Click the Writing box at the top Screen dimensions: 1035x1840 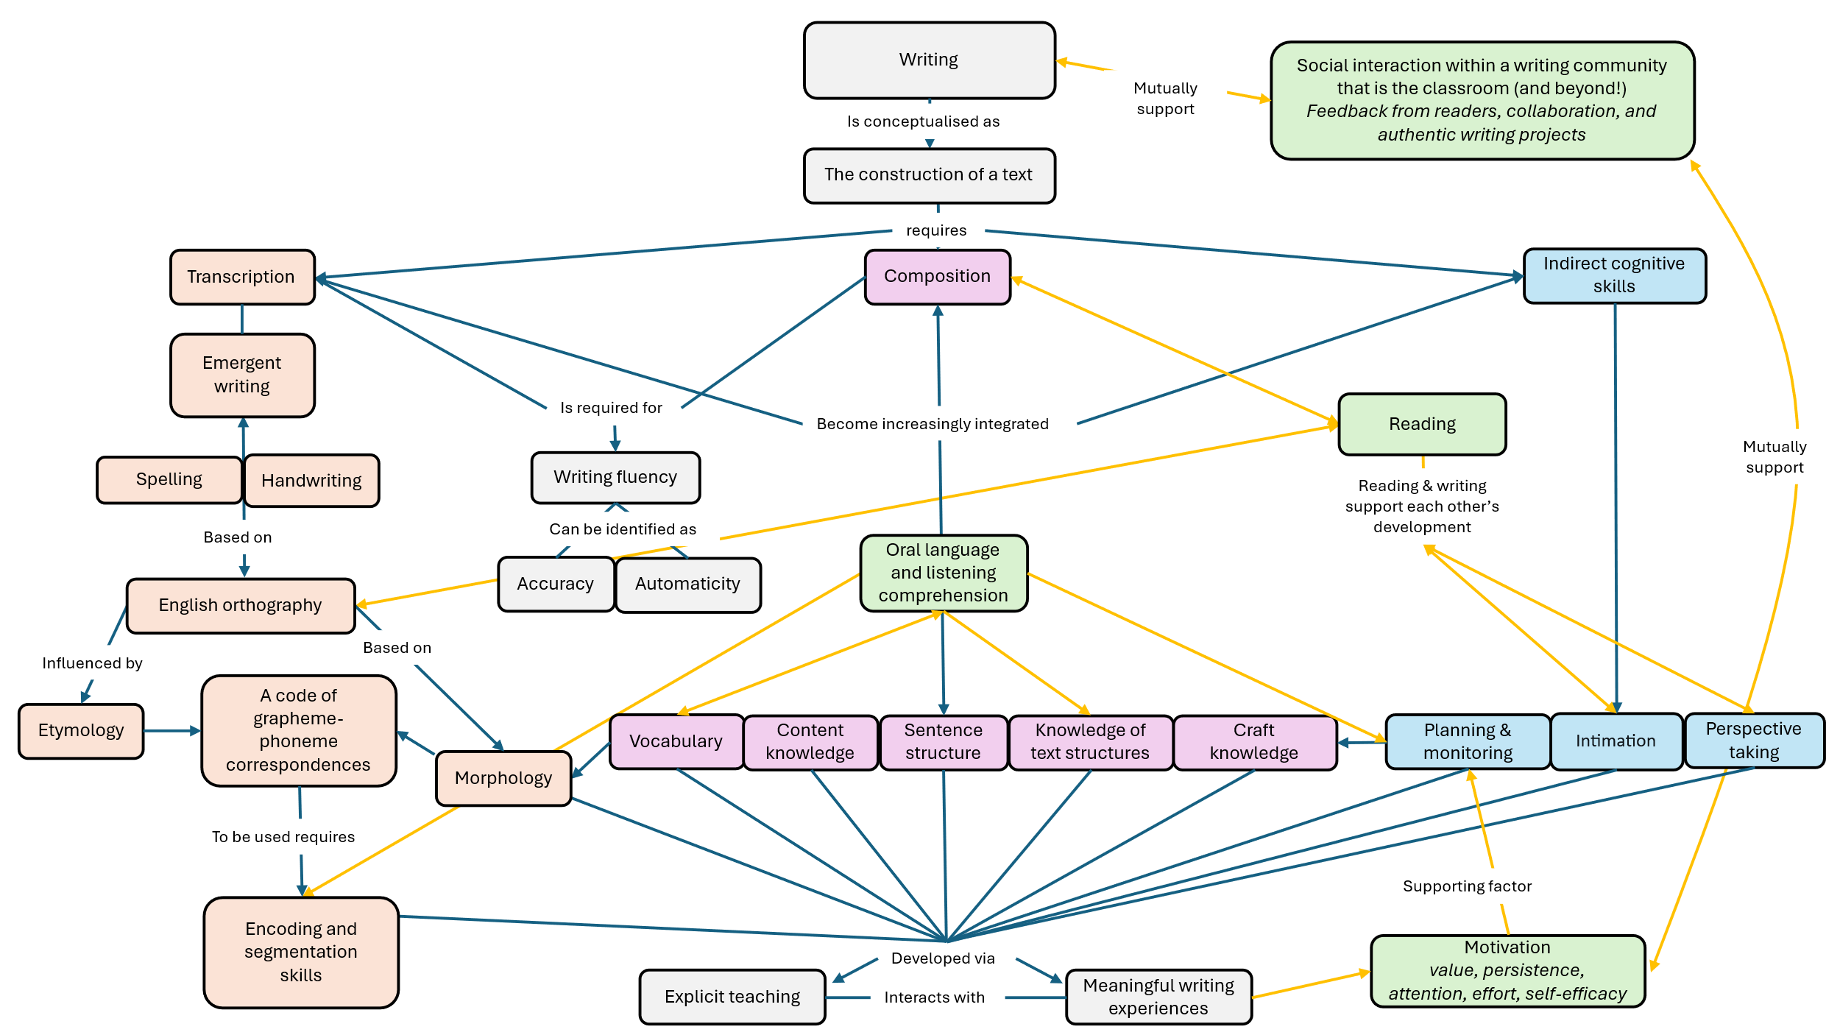pyautogui.click(x=929, y=60)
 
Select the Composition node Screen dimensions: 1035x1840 pyautogui.click(x=937, y=277)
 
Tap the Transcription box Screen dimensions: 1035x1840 pyautogui.click(x=241, y=277)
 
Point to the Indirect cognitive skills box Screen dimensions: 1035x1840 pyautogui.click(x=1613, y=275)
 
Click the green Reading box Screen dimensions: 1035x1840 pyautogui.click(x=1421, y=424)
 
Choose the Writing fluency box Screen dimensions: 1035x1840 pyautogui.click(x=615, y=477)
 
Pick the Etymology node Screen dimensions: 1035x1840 pyautogui.click(x=81, y=730)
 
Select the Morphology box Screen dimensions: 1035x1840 pyautogui.click(x=503, y=778)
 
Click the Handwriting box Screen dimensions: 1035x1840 pyautogui.click(x=311, y=481)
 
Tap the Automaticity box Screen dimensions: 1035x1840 pyautogui.click(x=687, y=584)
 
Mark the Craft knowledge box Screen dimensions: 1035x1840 pyautogui.click(x=1254, y=742)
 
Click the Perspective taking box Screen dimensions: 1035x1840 pyautogui.click(x=1753, y=741)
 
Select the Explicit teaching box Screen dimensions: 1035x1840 pyautogui.click(x=732, y=997)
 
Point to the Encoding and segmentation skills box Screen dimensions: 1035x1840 pyautogui.click(x=300, y=952)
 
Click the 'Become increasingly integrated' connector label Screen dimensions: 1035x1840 pyautogui.click(x=933, y=424)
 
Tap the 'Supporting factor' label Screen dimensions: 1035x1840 pyautogui.click(x=1467, y=886)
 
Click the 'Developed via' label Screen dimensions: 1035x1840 pyautogui.click(x=943, y=958)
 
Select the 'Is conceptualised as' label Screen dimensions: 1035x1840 pyautogui.click(x=923, y=121)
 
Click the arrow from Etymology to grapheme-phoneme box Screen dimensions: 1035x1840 pyautogui.click(x=172, y=731)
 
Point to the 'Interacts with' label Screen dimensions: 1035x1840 pyautogui.click(x=934, y=997)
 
